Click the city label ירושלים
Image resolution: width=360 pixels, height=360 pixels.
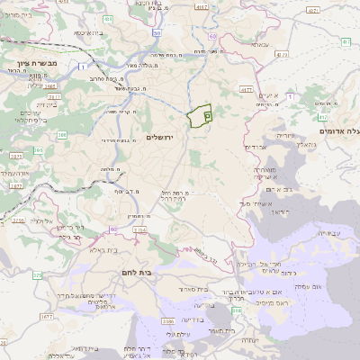(159, 136)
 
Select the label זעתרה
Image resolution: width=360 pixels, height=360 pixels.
(249, 339)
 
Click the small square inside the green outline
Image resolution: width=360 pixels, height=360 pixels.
(207, 116)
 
